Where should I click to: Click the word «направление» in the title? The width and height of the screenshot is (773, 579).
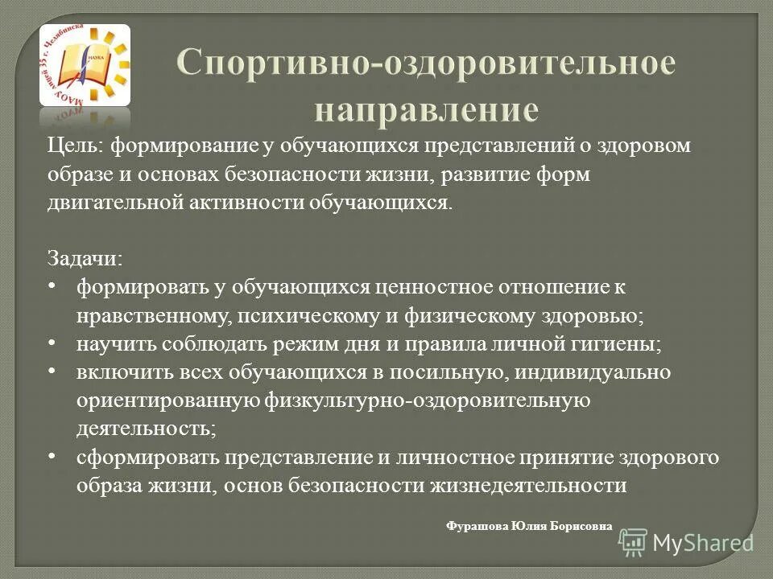click(x=426, y=109)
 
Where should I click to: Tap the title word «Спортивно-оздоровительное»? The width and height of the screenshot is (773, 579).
click(x=426, y=65)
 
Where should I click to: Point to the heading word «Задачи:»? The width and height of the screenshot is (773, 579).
click(x=85, y=258)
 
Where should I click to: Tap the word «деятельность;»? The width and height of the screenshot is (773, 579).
click(x=147, y=429)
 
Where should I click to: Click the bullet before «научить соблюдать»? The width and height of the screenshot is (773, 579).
click(x=52, y=343)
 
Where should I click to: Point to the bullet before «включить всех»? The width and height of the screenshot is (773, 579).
click(x=52, y=371)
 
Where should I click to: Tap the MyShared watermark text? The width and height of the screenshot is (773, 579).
click(x=704, y=543)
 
